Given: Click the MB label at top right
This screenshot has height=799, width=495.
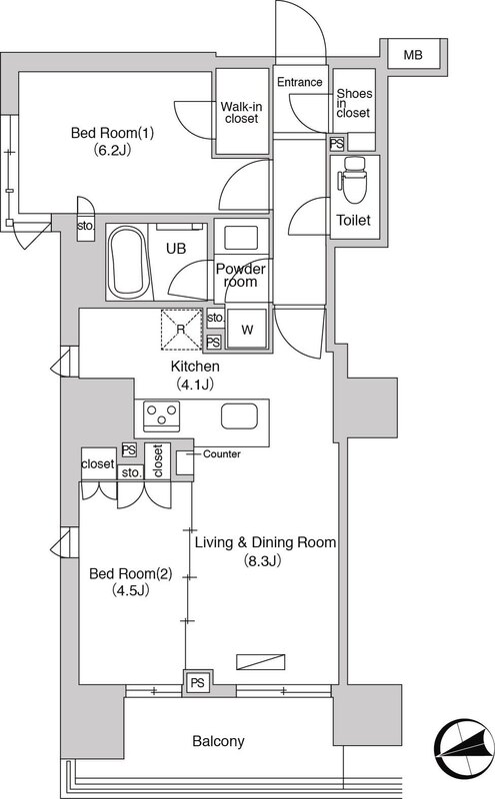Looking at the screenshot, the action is click(413, 55).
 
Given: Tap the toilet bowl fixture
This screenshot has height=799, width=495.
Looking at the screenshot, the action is click(353, 181).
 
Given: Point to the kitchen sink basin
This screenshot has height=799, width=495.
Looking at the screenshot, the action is click(239, 415).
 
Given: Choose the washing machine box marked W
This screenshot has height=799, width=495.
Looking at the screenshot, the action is click(247, 329).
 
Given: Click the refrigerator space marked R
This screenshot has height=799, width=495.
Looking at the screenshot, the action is click(181, 330).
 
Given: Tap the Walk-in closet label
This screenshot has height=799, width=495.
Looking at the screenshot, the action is click(241, 113).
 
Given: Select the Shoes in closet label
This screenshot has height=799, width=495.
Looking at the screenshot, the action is click(354, 103).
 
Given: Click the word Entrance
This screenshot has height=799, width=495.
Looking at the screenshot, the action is click(300, 82).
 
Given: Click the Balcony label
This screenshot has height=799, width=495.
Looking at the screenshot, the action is click(218, 741).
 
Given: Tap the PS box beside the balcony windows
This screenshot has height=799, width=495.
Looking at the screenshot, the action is click(197, 682).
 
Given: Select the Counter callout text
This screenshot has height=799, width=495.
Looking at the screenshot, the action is click(221, 453).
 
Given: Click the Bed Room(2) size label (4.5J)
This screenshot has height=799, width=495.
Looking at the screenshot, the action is click(130, 590).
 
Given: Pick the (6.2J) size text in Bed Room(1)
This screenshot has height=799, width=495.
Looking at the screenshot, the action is click(112, 150).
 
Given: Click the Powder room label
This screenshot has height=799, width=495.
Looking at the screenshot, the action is click(240, 276).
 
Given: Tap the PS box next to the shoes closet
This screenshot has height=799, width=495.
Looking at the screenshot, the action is click(336, 144).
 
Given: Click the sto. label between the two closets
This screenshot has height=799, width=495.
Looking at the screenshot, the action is click(131, 472).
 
